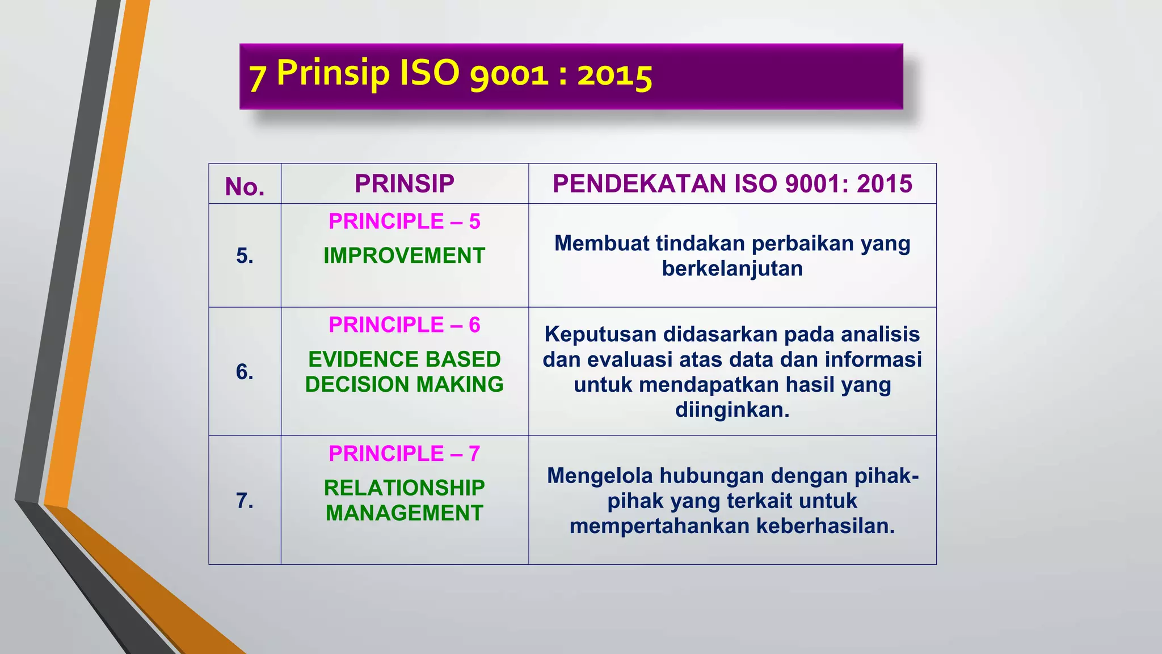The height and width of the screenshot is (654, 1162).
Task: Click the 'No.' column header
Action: pyautogui.click(x=245, y=186)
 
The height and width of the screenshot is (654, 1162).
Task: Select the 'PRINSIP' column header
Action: pyautogui.click(x=405, y=183)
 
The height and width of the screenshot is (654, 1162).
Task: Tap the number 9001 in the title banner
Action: pyautogui.click(x=509, y=75)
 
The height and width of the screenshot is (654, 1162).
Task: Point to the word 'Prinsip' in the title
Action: pyautogui.click(x=333, y=73)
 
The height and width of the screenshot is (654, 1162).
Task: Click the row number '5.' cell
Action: pyautogui.click(x=245, y=255)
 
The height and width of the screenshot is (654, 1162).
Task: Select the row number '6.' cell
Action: pyautogui.click(x=245, y=372)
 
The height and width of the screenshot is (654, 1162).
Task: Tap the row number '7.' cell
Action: pyautogui.click(x=245, y=500)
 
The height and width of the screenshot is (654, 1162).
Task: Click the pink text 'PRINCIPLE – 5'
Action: pyautogui.click(x=405, y=221)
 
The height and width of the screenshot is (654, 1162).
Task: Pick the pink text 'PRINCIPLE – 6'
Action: pyautogui.click(x=405, y=325)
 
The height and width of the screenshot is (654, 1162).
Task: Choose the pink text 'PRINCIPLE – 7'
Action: pyautogui.click(x=405, y=454)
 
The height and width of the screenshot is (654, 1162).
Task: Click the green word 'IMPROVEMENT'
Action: pyautogui.click(x=405, y=255)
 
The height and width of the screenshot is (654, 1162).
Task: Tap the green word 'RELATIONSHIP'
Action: pyautogui.click(x=405, y=488)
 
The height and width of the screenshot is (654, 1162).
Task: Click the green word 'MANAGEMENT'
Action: pyautogui.click(x=405, y=513)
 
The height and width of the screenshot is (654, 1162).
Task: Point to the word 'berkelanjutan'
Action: pyautogui.click(x=732, y=269)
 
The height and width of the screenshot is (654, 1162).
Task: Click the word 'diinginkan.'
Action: pyautogui.click(x=732, y=409)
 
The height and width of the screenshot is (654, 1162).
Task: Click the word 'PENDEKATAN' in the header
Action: pyautogui.click(x=640, y=183)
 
